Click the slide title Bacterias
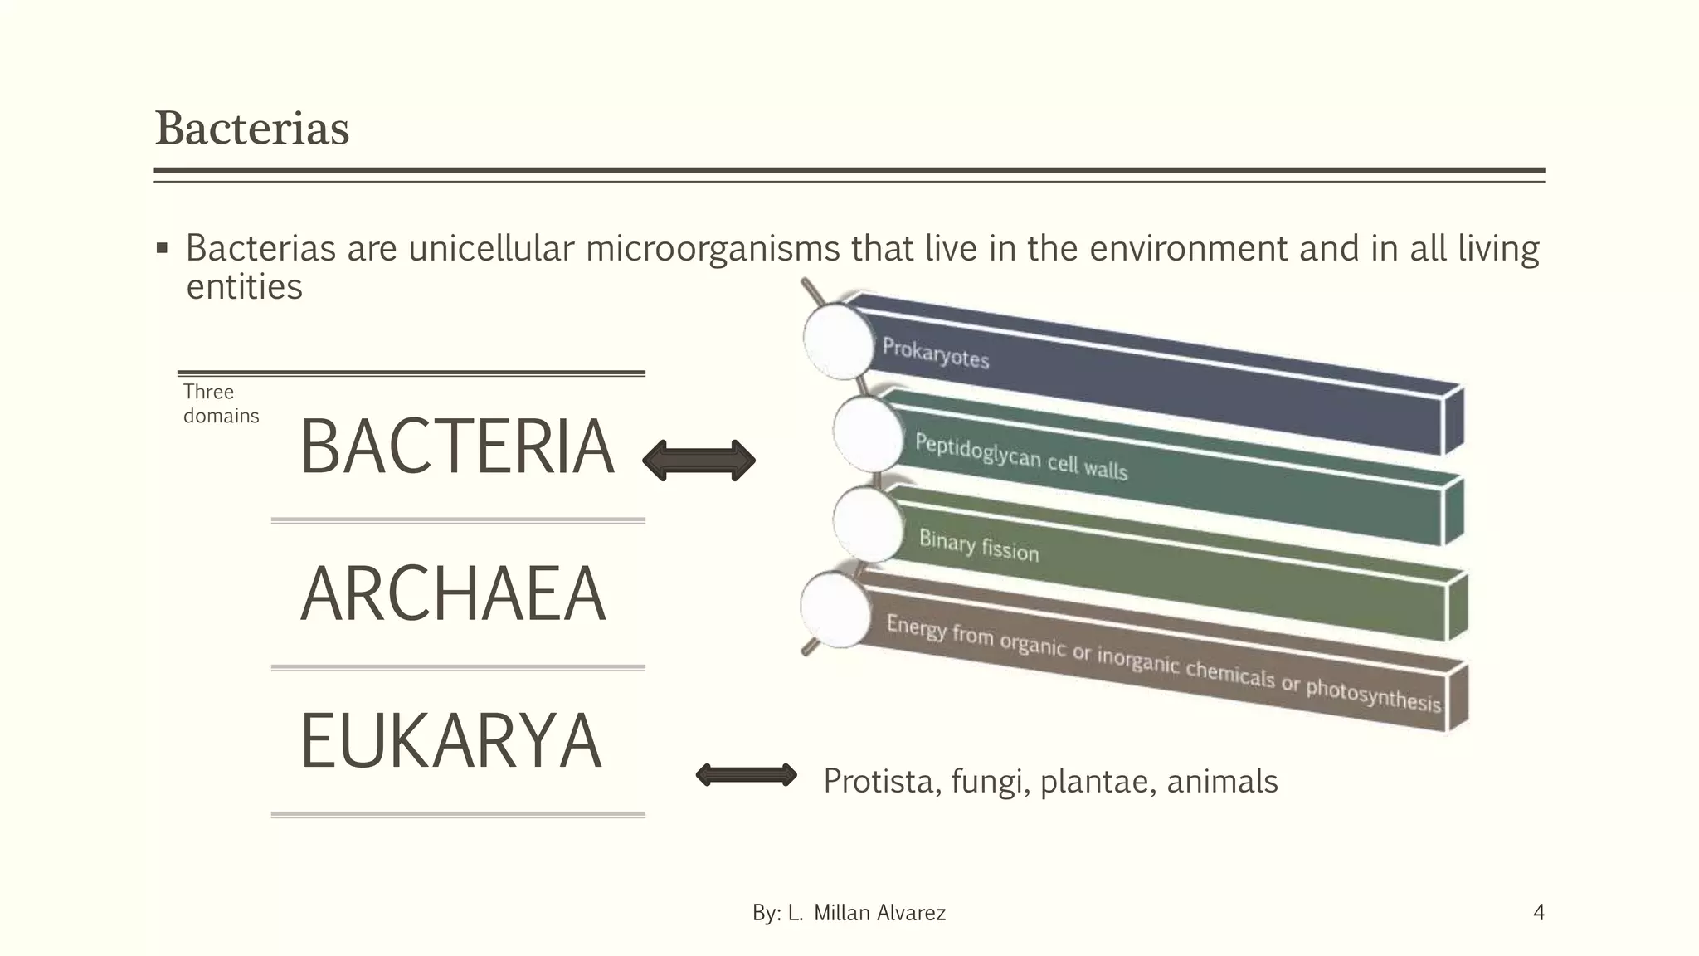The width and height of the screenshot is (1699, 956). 252,129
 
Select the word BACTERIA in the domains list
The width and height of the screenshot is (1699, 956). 457,447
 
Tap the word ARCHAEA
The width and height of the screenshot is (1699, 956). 453,594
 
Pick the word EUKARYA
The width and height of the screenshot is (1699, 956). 450,741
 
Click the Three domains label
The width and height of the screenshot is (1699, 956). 220,403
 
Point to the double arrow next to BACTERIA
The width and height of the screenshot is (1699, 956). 699,461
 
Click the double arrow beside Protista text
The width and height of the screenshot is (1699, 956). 746,775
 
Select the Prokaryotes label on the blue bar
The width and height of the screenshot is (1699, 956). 935,353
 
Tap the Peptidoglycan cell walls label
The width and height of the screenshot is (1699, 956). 1020,456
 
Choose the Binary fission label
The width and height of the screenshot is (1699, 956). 978,545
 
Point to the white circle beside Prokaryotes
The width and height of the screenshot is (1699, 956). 839,340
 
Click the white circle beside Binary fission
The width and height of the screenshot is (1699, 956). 868,524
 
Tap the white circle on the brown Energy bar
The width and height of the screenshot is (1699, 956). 836,611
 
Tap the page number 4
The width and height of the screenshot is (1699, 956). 1538,913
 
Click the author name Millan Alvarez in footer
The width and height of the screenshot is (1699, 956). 879,913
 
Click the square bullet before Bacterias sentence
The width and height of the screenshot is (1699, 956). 162,248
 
